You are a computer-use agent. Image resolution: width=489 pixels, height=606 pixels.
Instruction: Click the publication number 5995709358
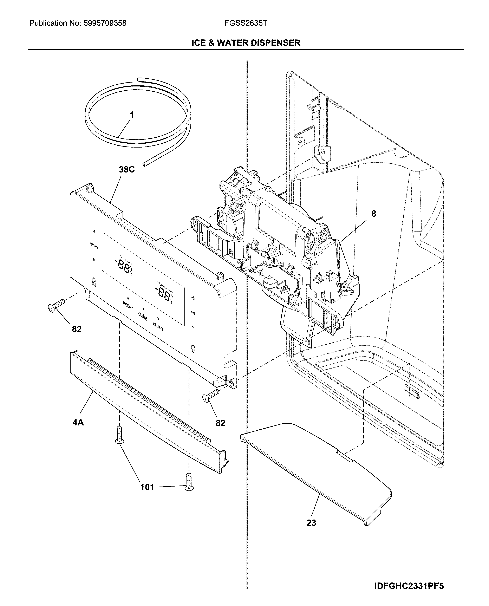pyautogui.click(x=105, y=23)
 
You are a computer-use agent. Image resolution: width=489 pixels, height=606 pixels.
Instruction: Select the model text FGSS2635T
pyautogui.click(x=246, y=23)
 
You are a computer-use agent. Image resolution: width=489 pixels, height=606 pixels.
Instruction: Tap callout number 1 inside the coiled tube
pyautogui.click(x=132, y=115)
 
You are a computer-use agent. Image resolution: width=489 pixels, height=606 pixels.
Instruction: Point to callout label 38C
pyautogui.click(x=126, y=169)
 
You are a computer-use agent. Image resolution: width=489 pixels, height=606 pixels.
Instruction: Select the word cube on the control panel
pyautogui.click(x=143, y=316)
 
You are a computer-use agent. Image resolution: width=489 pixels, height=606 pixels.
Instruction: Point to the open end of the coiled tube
pyautogui.click(x=144, y=164)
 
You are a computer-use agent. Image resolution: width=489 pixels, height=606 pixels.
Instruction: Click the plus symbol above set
pyautogui.click(x=193, y=298)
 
